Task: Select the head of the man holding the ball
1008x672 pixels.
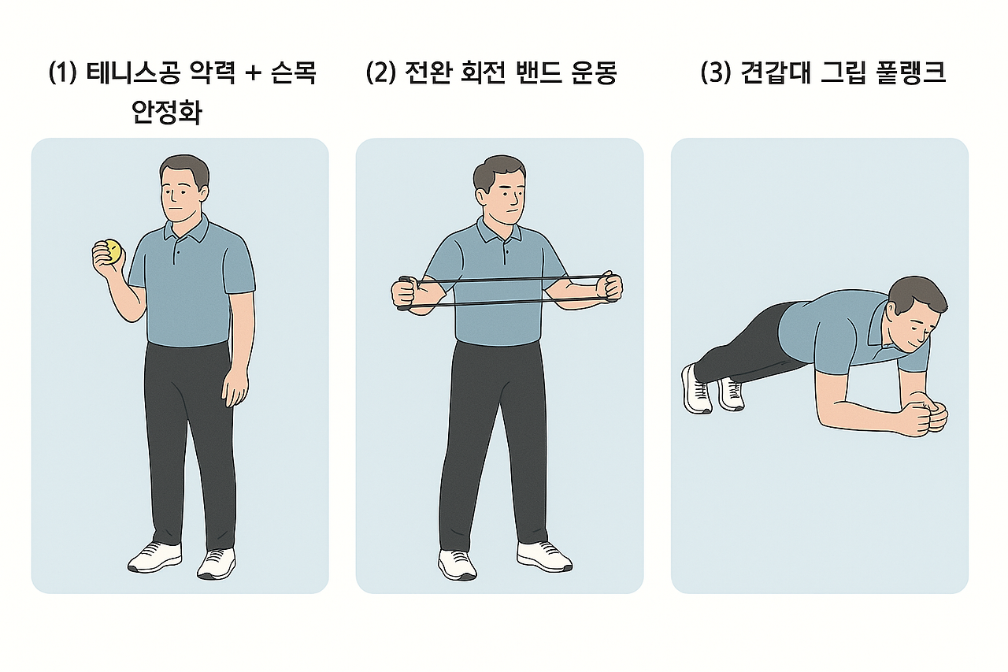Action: pos(183,189)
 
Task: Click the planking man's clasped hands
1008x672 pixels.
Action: pos(931,416)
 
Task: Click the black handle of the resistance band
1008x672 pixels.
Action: pos(404,293)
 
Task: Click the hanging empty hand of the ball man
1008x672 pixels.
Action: pos(235,388)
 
